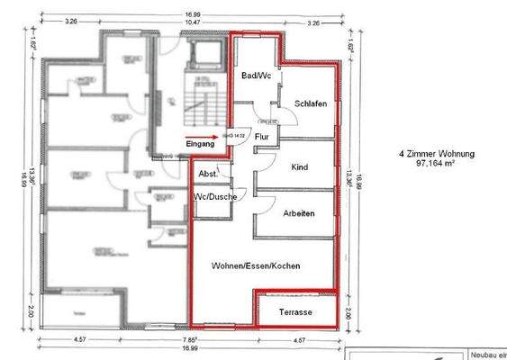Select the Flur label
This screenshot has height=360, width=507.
[262, 137]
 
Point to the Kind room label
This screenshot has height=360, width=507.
[300, 168]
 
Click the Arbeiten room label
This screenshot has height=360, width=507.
[298, 213]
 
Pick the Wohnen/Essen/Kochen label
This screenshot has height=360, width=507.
[256, 266]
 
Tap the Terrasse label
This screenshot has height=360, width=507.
[295, 311]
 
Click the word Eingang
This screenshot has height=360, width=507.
[200, 144]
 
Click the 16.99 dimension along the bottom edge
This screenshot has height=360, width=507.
[190, 346]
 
